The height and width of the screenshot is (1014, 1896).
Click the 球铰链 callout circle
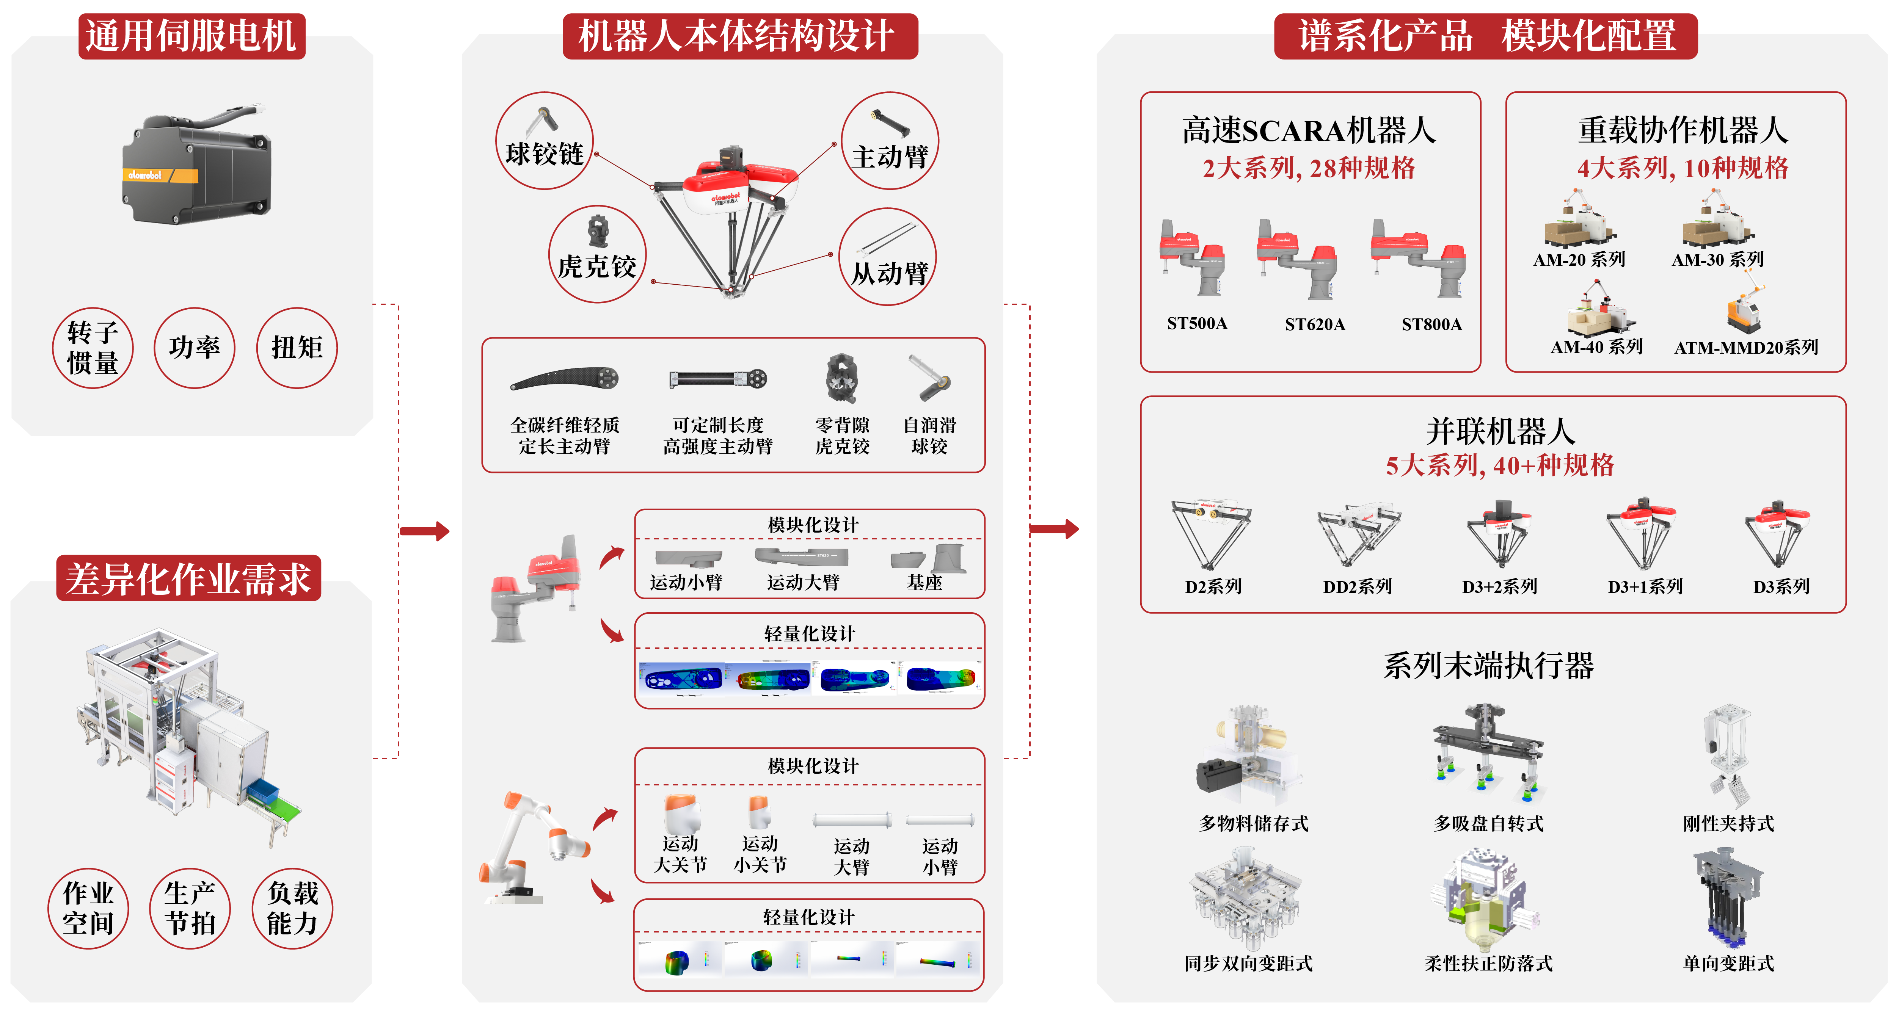[x=545, y=141]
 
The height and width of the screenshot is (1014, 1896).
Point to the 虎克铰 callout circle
[x=597, y=254]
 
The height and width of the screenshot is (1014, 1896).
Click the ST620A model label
[x=1315, y=324]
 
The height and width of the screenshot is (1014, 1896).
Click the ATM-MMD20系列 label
[x=1746, y=347]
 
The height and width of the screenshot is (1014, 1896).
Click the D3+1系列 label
[x=1645, y=586]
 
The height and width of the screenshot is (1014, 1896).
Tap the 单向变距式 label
[x=1728, y=963]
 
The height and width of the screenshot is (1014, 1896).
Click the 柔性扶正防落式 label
[x=1488, y=963]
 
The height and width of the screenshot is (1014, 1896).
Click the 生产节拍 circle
[x=190, y=908]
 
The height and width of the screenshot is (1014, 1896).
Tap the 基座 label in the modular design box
[x=924, y=583]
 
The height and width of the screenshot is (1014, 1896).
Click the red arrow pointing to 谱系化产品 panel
[x=1054, y=529]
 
